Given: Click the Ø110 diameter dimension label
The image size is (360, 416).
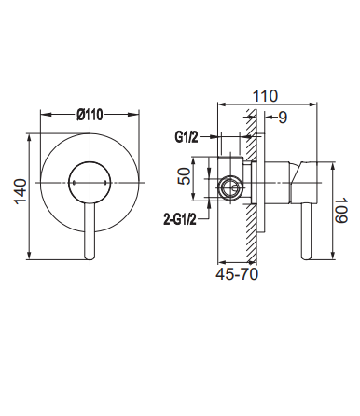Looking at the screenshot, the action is click(90, 115).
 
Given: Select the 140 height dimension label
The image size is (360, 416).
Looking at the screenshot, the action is click(21, 191).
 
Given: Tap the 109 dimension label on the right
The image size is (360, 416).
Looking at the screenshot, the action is click(341, 210).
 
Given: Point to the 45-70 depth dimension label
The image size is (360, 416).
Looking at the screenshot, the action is click(237, 274).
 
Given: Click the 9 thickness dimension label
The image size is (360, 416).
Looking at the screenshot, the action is click(283, 118).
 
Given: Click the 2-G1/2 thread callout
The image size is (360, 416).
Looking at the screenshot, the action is click(180, 220).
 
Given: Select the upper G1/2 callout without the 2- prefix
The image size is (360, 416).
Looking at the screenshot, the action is click(187, 137).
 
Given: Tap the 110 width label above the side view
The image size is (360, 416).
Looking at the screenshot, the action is click(265, 96).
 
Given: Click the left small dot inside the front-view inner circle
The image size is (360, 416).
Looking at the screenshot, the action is click(74, 183).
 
